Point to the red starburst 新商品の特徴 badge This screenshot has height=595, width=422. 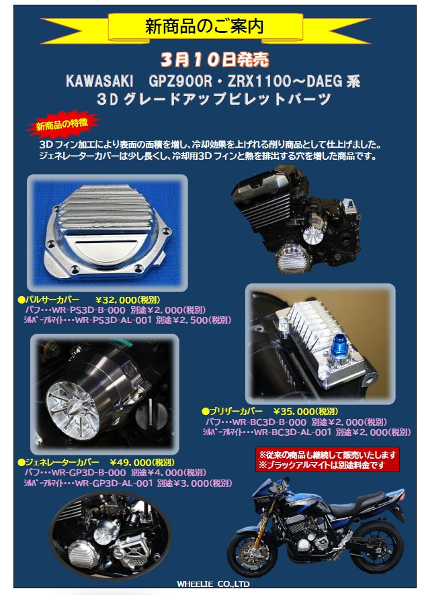pos(62,125)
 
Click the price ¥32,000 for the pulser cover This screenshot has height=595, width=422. pos(120,300)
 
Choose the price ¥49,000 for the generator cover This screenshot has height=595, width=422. pos(133,462)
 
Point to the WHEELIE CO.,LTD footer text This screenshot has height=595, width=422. pos(214,584)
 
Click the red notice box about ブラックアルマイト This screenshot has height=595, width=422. pos(327,459)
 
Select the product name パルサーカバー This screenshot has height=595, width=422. pos(52,300)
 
